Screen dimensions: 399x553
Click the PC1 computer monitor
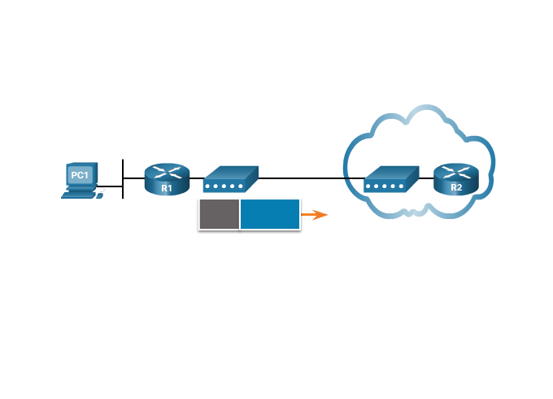[x=80, y=175]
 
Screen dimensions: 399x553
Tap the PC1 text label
[x=80, y=175]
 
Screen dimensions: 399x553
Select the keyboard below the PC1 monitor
[x=79, y=195]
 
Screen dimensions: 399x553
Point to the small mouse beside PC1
[x=102, y=194]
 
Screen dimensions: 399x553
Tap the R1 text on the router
[x=166, y=188]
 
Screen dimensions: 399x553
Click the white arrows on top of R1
[x=167, y=171]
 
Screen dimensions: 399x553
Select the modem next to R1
[x=229, y=178]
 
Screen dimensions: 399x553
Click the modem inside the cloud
[x=391, y=179]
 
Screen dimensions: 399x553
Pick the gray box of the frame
[x=219, y=214]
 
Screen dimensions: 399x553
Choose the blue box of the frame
[x=270, y=214]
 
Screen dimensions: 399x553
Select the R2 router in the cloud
[x=456, y=178]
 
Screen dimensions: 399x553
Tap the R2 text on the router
[x=456, y=188]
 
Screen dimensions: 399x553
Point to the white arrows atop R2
[x=456, y=170]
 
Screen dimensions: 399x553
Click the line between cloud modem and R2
[x=425, y=178]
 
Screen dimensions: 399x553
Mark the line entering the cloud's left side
[x=354, y=178]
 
